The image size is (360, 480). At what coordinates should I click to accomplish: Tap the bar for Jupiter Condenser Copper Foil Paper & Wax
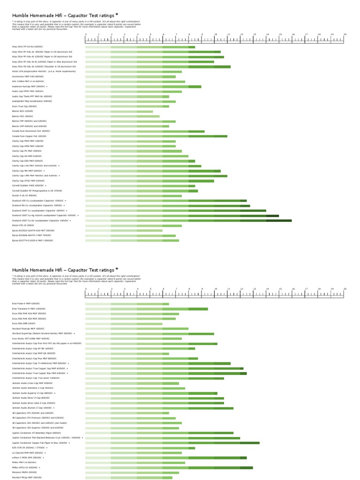172,442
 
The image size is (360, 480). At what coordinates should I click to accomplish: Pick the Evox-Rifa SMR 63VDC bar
124,323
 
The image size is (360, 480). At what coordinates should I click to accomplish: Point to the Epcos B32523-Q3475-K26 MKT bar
124,231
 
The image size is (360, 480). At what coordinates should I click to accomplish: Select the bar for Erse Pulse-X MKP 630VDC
127,304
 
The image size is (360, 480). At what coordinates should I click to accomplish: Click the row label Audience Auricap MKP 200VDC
30,86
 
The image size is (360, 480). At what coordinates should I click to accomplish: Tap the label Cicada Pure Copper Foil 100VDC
29,136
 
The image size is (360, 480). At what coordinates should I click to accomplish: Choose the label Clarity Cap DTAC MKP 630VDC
28,181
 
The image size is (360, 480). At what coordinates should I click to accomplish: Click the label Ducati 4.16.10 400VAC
25,196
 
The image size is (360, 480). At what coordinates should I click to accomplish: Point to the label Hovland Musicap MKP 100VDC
28,329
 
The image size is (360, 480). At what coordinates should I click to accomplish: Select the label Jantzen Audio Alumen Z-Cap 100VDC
33,408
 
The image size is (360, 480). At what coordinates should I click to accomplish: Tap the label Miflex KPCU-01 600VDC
26,467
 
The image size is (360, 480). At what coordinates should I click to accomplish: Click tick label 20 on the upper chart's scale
345,35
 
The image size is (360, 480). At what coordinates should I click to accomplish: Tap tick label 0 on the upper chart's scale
86,35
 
